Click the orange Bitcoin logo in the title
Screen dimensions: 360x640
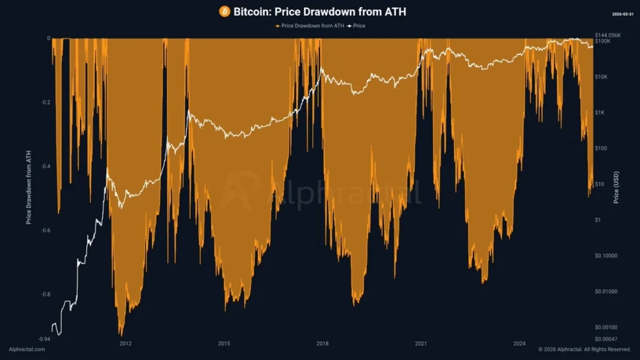[x=224, y=11]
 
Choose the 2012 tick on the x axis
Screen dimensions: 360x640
[x=126, y=343]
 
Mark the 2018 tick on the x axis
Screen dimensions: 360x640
[x=322, y=343]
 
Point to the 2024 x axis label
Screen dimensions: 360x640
[x=519, y=343]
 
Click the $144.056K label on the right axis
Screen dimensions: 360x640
[x=609, y=35]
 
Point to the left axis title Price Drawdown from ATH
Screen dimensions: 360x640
[x=29, y=187]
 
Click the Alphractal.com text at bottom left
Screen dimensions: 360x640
[x=27, y=349]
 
